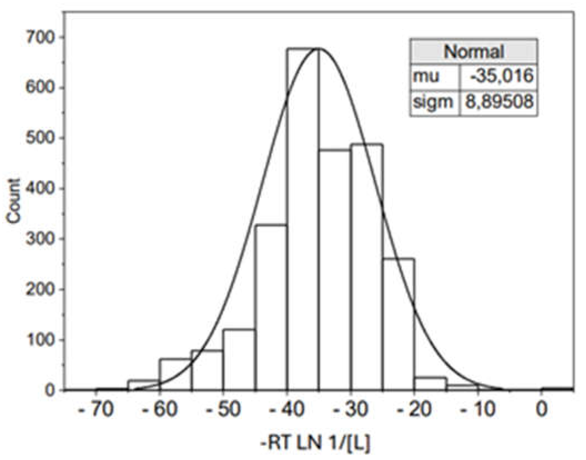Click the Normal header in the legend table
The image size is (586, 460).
coord(473,51)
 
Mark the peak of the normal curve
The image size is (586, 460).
coord(318,49)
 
